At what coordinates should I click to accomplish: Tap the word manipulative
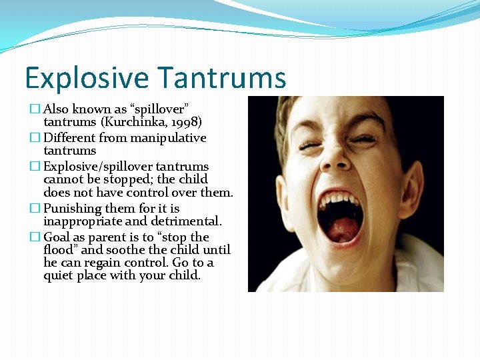coord(171,138)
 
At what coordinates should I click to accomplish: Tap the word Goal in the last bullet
coord(57,237)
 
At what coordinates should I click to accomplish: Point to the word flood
coord(58,250)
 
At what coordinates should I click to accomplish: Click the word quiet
coord(58,275)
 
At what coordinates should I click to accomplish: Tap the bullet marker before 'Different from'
coord(35,138)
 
